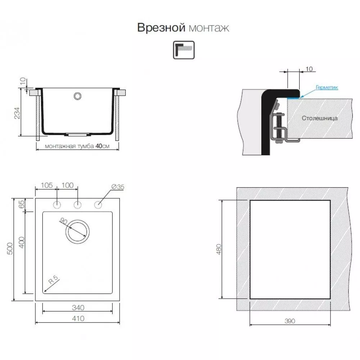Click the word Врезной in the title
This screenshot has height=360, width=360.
coord(161,28)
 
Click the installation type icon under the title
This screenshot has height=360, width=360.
coord(184,50)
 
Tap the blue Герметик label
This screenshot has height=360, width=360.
coord(327,87)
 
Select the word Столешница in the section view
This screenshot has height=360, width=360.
coord(320,118)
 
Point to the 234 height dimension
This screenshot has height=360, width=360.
coord(17,113)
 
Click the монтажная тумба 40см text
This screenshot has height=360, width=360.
coord(77,146)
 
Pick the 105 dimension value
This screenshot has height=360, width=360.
coord(46,185)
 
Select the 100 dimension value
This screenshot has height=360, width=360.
coord(68,185)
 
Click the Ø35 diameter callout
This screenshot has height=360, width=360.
coord(118,187)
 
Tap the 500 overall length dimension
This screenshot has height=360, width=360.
coord(10,248)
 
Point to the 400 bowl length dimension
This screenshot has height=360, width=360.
coord(21,242)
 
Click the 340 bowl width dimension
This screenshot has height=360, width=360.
coord(78,307)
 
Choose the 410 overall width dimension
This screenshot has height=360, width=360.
coord(78,319)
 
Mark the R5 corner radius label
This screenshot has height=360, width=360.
coord(54,280)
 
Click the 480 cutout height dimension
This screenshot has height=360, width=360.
coord(219,249)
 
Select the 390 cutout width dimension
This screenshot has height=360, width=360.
coord(290,321)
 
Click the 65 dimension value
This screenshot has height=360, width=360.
coord(21,204)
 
